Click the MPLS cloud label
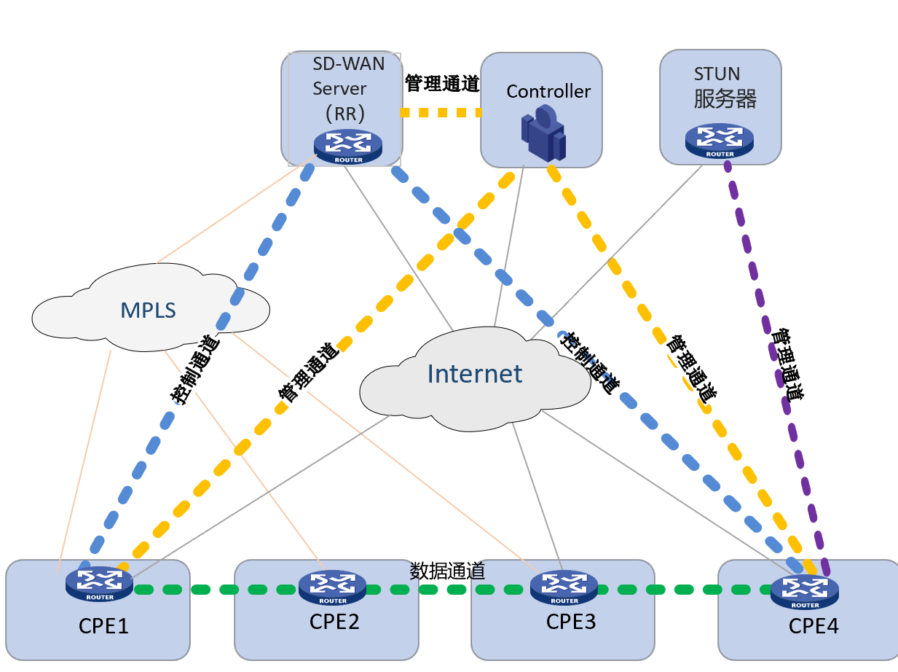(x=148, y=310)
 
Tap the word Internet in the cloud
(x=475, y=374)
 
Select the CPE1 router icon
(x=100, y=584)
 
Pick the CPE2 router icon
(x=333, y=587)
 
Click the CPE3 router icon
(x=564, y=587)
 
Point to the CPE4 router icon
(x=805, y=592)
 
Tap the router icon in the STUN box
(x=720, y=141)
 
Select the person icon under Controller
(x=544, y=133)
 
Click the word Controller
(x=548, y=91)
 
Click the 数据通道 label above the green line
(x=447, y=571)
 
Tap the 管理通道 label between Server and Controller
(x=442, y=84)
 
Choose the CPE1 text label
(x=103, y=626)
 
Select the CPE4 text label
(x=814, y=626)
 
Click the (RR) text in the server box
(x=345, y=114)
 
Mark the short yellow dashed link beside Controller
(x=441, y=112)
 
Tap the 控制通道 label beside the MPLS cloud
(x=195, y=370)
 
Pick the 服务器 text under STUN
(x=725, y=98)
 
